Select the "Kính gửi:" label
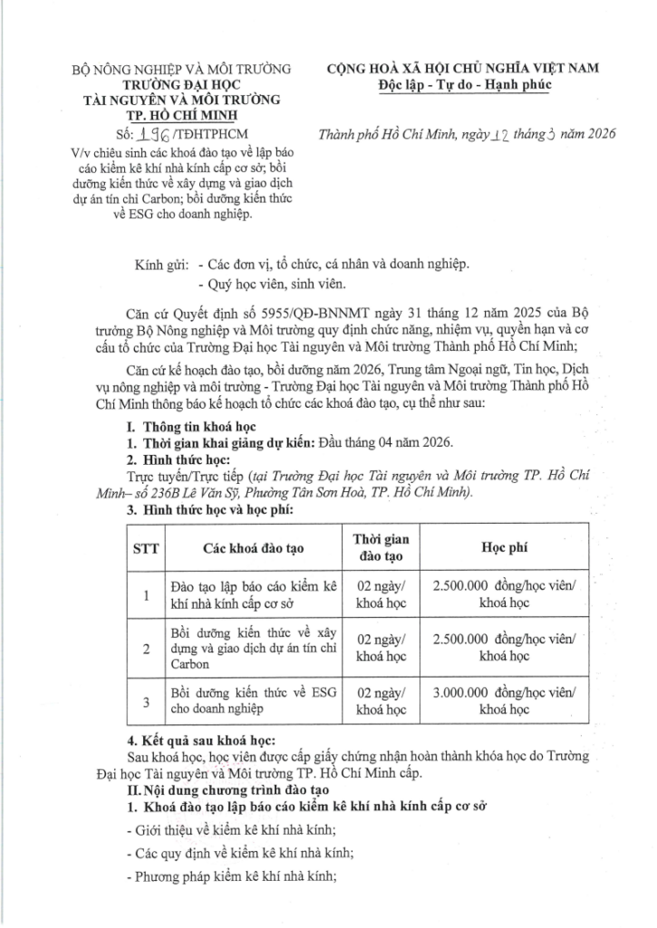pos(161,265)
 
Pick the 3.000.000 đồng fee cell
pos(505,701)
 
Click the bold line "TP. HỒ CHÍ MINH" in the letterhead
pos(179,114)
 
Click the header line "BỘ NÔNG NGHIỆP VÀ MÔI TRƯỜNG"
pos(181,68)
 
